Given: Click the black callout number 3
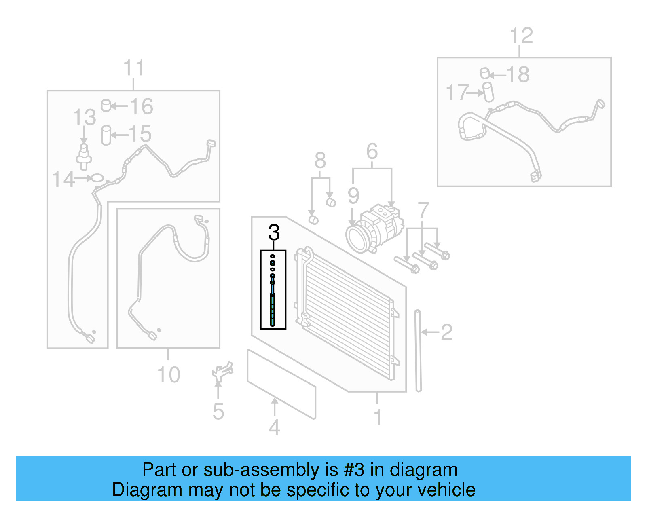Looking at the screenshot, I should click(274, 232).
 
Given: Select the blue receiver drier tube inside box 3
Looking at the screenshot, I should click(273, 309).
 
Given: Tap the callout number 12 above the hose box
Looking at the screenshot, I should click(521, 36).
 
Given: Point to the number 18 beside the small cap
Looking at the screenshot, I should click(517, 75).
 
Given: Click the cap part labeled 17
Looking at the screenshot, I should click(488, 92).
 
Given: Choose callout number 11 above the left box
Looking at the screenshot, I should click(133, 68).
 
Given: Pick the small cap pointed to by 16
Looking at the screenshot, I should click(106, 106).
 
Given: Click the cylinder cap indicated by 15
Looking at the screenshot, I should click(106, 135).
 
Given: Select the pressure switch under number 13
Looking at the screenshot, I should click(84, 155).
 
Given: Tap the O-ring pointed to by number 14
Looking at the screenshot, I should click(98, 177).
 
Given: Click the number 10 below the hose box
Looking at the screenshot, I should click(168, 375).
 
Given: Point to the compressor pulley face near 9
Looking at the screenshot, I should click(356, 239).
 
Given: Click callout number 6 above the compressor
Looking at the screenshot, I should click(372, 152).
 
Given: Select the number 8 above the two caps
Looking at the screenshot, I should click(320, 161).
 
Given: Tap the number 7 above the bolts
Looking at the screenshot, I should click(423, 211).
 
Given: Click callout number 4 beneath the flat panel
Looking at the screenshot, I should click(274, 428).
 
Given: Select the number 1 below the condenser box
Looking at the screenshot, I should click(378, 417).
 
